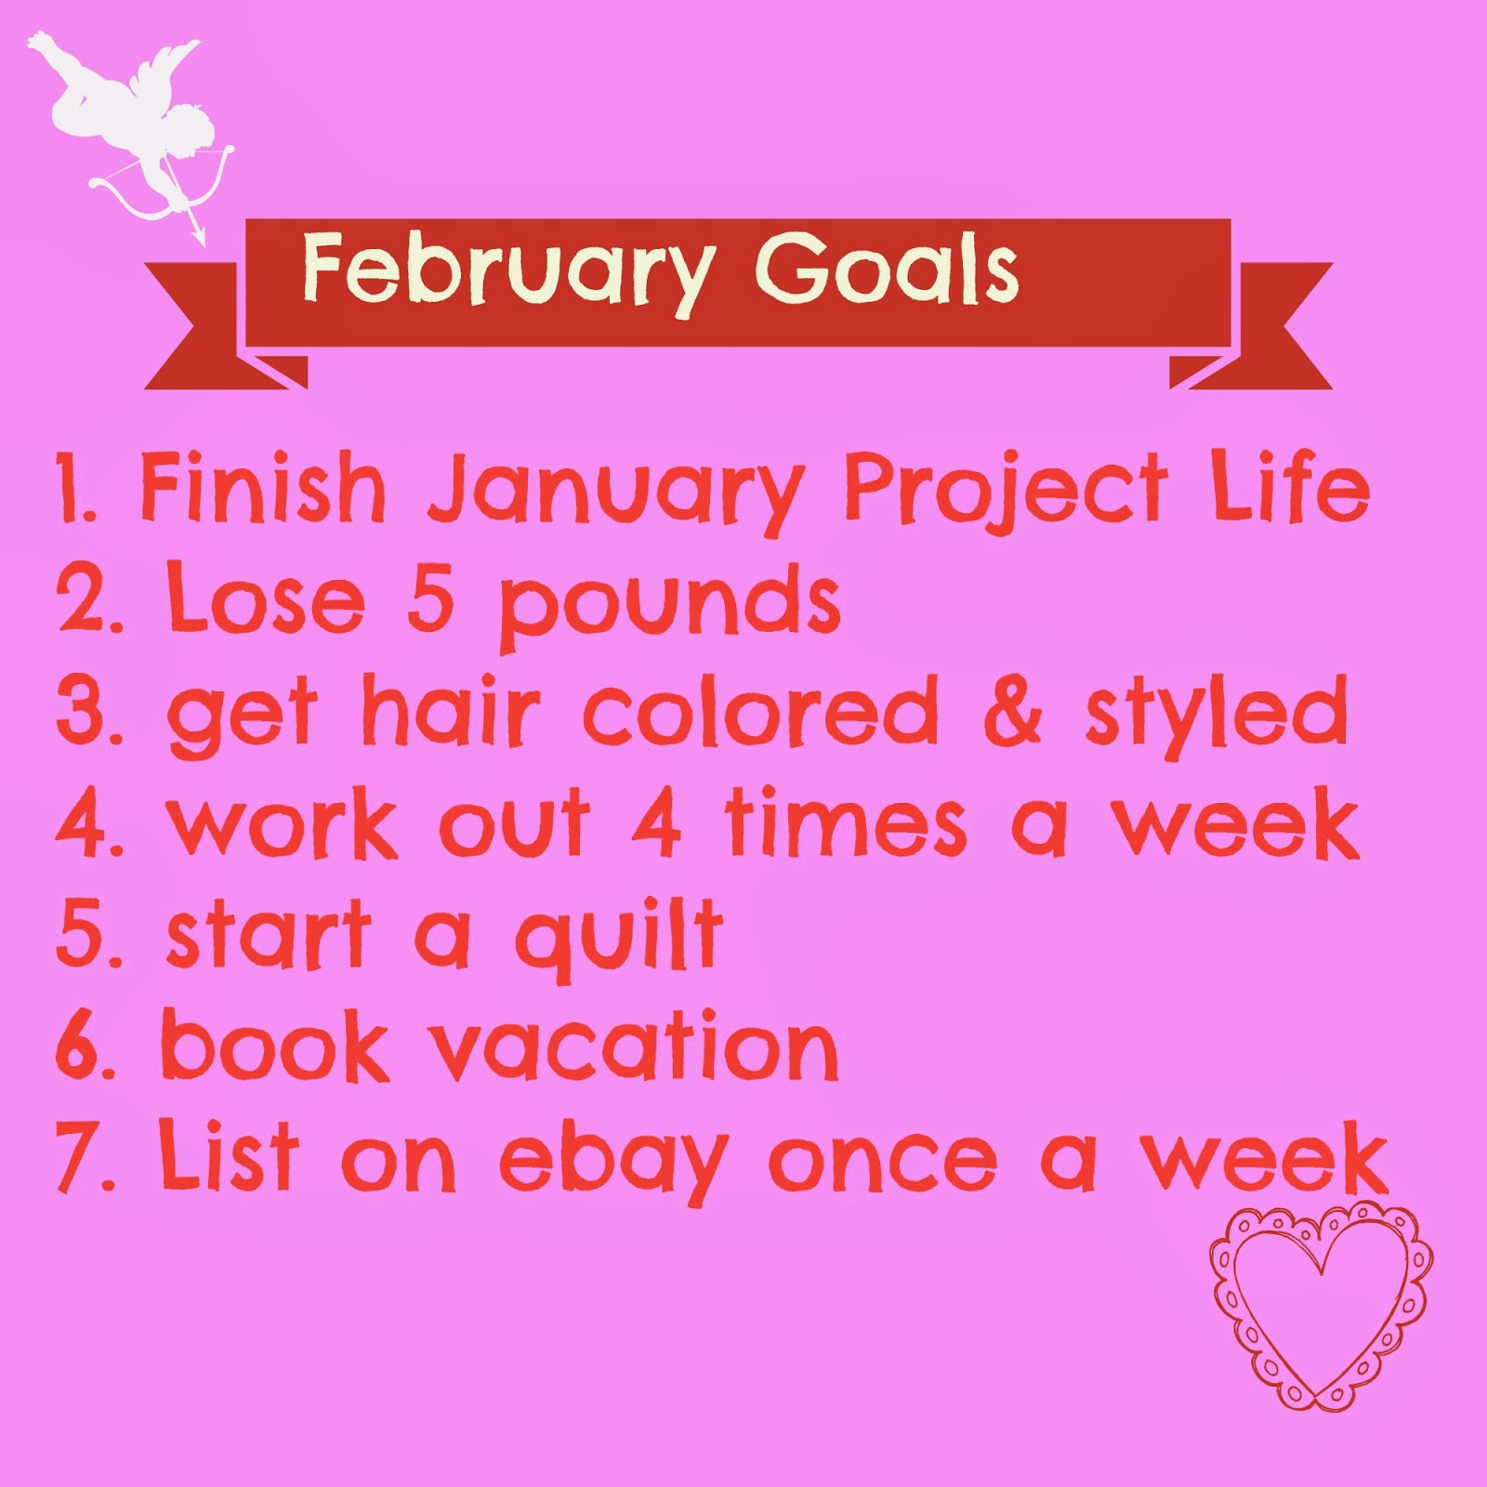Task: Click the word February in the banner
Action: pyautogui.click(x=507, y=272)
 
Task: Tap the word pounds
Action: pyautogui.click(x=669, y=605)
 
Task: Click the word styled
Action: pyautogui.click(x=1217, y=714)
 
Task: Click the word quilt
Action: pyautogui.click(x=619, y=937)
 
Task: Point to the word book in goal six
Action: pyautogui.click(x=275, y=1045)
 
